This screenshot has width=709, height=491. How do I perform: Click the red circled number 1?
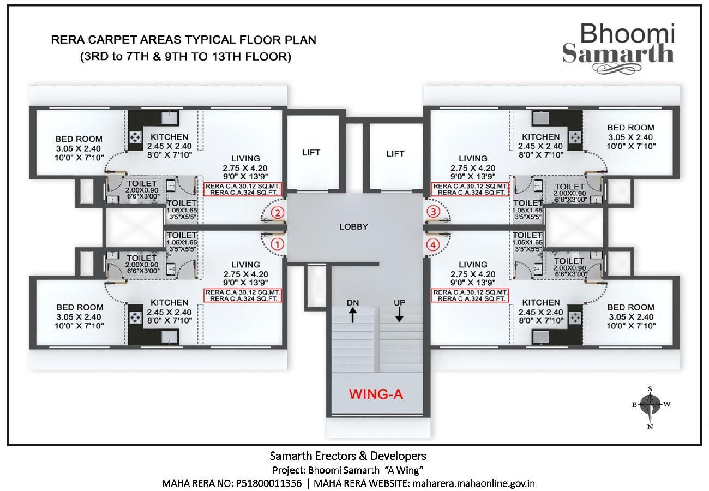278,244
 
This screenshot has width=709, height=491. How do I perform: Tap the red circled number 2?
278,213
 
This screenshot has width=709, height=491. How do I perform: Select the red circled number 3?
433,212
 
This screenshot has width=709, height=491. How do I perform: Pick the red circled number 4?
433,245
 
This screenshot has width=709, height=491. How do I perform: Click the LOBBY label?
353,226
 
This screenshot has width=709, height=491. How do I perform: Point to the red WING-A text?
376,394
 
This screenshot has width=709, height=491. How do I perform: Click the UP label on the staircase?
400,302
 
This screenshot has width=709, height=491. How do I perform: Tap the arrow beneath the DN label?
353,315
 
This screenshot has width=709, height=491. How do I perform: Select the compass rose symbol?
650,405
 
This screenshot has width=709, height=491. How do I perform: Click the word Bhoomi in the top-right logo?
627,34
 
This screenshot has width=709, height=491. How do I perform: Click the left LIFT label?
311,153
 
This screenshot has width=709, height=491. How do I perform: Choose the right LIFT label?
395,153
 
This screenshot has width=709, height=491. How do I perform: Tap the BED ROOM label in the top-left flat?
79,139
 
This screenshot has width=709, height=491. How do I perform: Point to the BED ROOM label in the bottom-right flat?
630,308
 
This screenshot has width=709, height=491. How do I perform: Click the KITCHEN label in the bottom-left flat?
169,302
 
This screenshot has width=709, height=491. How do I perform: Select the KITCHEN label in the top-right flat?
540,137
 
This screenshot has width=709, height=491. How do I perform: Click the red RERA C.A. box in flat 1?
242,295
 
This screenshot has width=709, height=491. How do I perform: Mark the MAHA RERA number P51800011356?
268,483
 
